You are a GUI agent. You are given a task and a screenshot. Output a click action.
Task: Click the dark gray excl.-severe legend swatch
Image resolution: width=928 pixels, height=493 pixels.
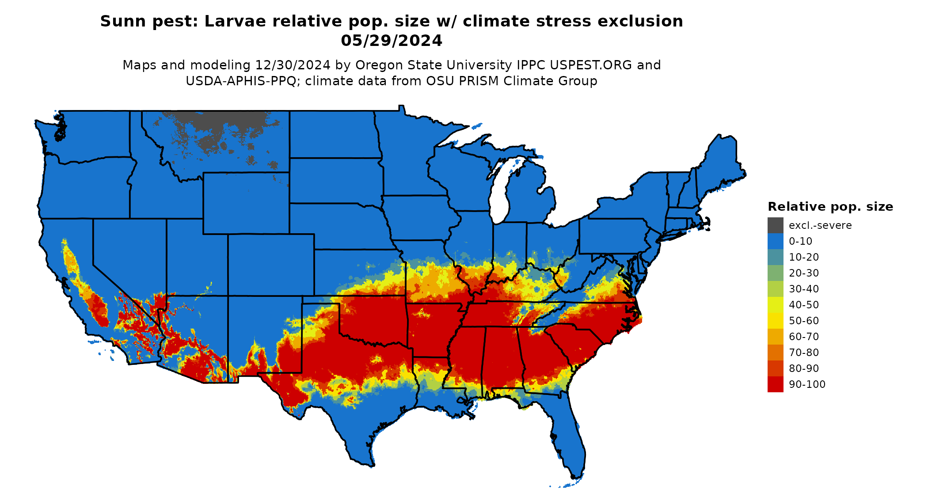(x=775, y=225)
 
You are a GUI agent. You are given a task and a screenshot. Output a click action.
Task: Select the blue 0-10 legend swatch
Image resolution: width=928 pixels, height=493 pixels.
(x=775, y=241)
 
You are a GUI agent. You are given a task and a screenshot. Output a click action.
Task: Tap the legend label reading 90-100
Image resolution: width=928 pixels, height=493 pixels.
(x=807, y=384)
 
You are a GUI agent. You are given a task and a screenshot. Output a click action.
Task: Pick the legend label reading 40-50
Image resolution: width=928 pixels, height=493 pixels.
(x=804, y=305)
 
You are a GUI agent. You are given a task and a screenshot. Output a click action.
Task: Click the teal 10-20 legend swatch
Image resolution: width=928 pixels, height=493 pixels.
(x=775, y=257)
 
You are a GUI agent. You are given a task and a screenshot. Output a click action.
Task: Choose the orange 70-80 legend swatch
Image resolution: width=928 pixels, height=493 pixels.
(x=775, y=353)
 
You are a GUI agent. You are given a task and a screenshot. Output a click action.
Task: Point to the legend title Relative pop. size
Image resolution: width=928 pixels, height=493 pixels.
(x=830, y=207)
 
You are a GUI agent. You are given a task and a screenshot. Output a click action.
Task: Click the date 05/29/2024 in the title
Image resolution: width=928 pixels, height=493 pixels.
(x=392, y=41)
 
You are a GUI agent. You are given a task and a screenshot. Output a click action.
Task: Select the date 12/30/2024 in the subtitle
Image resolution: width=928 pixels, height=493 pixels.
(x=293, y=65)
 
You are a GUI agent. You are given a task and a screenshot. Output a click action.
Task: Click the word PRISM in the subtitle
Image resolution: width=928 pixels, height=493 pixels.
(x=478, y=81)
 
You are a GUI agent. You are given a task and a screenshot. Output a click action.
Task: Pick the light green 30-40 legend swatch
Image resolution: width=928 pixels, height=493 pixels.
(x=775, y=289)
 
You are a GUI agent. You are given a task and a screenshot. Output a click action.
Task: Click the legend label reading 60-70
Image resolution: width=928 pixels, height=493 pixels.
(x=804, y=337)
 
